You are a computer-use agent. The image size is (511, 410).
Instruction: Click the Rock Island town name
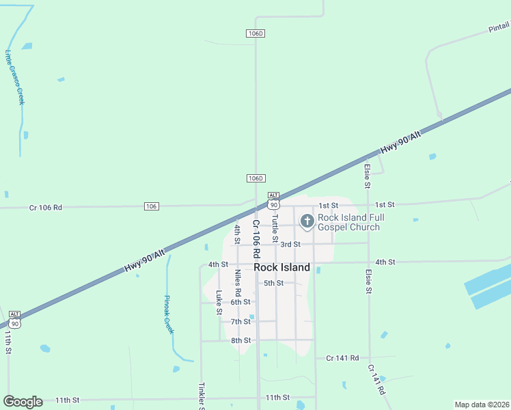pos(281,267)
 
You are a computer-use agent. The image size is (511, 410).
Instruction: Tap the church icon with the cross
pos(307,221)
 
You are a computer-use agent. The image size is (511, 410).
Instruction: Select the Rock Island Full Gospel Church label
pos(351,222)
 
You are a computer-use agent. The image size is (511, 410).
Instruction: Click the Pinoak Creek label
pos(169,314)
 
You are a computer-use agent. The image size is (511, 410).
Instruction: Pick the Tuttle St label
pos(275,228)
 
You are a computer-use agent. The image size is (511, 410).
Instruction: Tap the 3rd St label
pos(290,244)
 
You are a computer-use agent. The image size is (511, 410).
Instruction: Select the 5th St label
pos(273,283)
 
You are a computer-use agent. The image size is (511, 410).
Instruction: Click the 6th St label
pos(240,302)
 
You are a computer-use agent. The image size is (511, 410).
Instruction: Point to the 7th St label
pos(240,321)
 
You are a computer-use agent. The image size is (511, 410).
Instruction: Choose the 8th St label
pos(240,340)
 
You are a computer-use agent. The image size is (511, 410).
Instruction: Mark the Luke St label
pos(219,303)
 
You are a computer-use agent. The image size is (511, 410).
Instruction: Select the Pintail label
pos(499,27)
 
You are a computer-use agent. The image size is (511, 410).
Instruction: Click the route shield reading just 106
pos(152,206)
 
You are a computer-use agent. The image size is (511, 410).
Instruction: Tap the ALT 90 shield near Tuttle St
pos(273,201)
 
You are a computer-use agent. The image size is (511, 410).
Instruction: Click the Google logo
pos(23,402)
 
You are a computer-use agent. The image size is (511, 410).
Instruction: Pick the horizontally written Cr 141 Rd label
pos(342,357)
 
